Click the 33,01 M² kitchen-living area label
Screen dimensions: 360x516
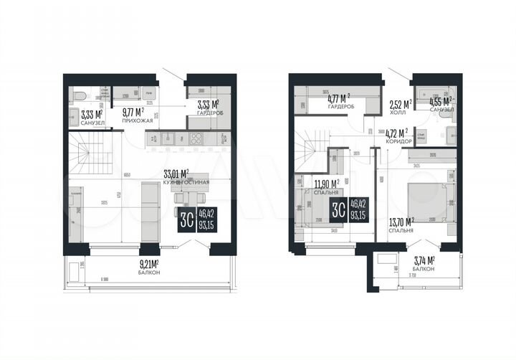(x=176, y=174)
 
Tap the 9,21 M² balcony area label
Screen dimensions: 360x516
(x=148, y=263)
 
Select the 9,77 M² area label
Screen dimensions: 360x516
(x=133, y=112)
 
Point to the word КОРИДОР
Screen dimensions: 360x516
(x=398, y=141)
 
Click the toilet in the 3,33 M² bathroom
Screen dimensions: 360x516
(x=80, y=95)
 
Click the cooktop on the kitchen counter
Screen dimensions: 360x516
(x=196, y=139)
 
